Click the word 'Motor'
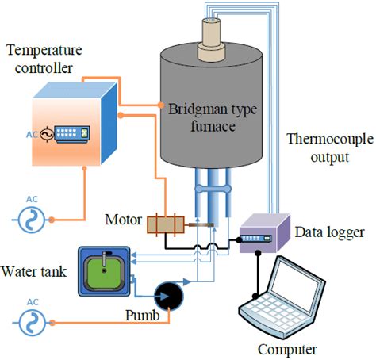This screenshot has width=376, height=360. pos(122,216)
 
